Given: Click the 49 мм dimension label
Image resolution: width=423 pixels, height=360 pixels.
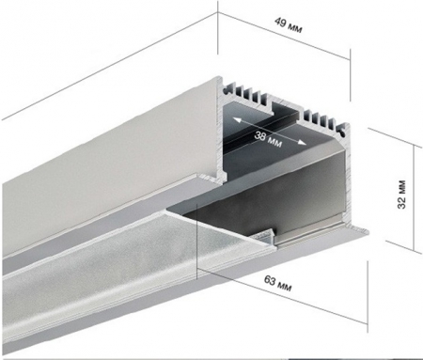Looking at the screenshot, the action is [289, 25].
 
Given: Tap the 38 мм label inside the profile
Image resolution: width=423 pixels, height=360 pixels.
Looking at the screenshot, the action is [268, 139].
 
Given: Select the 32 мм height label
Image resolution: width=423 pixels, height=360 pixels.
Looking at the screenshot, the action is [401, 195].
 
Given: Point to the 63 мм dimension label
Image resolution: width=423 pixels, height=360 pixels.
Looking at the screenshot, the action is [278, 283].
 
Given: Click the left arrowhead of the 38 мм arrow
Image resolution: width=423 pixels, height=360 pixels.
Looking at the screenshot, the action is [237, 120].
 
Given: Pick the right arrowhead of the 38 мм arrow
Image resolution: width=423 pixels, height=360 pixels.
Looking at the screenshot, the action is [301, 143].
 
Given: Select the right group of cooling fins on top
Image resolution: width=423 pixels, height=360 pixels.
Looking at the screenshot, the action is [321, 119].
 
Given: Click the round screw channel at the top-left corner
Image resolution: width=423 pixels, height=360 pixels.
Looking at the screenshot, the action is [226, 91].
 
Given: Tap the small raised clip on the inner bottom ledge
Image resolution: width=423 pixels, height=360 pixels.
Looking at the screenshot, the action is [265, 236].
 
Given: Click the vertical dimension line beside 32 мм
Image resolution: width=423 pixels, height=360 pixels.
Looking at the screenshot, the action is [415, 198].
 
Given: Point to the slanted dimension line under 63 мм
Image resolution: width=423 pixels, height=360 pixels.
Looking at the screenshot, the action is [281, 296].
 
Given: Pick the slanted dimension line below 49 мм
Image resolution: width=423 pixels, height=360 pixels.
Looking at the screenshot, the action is [284, 36].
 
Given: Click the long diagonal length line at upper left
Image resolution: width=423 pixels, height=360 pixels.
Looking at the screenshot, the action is [110, 66].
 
